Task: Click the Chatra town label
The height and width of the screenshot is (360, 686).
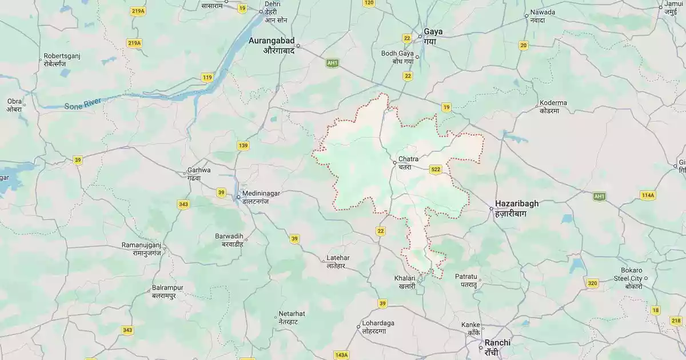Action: pyautogui.click(x=408, y=162)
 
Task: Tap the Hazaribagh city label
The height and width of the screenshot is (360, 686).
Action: pyautogui.click(x=516, y=207)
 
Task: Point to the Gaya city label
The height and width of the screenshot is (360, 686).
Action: pyautogui.click(x=433, y=36)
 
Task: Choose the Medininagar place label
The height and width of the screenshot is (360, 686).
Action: pyautogui.click(x=261, y=197)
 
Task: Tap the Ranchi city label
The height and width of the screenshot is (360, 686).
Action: pyautogui.click(x=497, y=346)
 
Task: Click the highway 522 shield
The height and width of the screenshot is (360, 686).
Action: pyautogui.click(x=436, y=170)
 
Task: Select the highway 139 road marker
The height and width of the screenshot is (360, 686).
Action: pyautogui.click(x=243, y=146)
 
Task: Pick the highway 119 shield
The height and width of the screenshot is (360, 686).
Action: pyautogui.click(x=207, y=77)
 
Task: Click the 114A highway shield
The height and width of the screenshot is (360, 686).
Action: pyautogui.click(x=647, y=195)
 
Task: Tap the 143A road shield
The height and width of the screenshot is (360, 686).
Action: pyautogui.click(x=341, y=355)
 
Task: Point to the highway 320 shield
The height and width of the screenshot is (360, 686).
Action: pyautogui.click(x=592, y=283)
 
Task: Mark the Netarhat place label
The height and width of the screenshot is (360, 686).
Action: pyautogui.click(x=292, y=318)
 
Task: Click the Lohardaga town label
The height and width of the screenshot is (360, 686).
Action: pyautogui.click(x=378, y=327)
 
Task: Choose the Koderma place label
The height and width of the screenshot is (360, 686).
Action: pyautogui.click(x=553, y=107)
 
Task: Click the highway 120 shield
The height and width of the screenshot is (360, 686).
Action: pyautogui.click(x=369, y=3)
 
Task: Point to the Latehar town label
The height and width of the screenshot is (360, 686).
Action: pyautogui.click(x=337, y=261)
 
